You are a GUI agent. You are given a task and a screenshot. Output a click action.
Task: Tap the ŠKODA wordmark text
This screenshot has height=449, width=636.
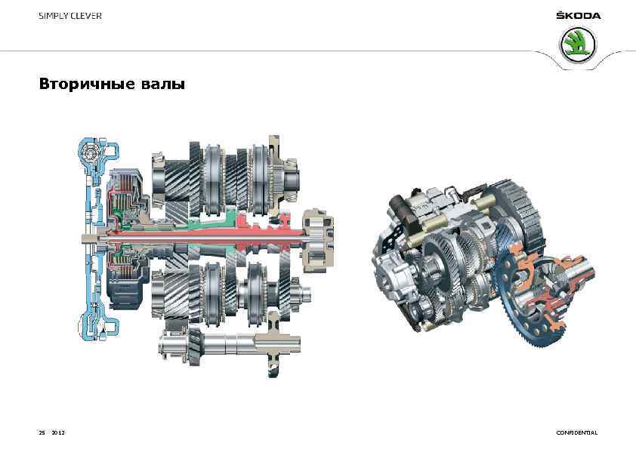[579, 16]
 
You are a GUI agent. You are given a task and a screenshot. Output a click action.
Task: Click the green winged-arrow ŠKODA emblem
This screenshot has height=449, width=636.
[578, 45]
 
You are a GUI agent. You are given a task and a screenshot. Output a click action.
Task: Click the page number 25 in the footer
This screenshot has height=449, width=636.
[42, 433]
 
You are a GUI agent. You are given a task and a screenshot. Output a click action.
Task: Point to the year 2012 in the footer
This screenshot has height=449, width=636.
[58, 433]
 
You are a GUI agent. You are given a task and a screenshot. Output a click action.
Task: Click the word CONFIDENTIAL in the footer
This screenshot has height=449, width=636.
[577, 433]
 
